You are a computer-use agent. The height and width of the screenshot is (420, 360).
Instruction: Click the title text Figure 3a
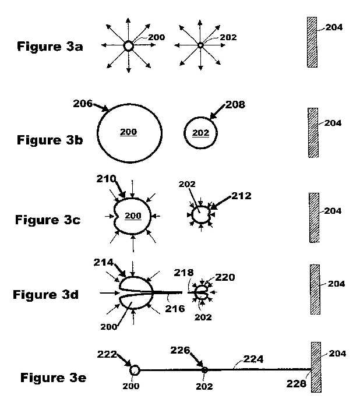50,47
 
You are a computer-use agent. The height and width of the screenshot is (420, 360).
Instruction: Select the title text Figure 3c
48,220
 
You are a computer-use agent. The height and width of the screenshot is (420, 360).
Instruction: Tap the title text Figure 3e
54,377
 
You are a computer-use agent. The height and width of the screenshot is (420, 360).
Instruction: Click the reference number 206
83,103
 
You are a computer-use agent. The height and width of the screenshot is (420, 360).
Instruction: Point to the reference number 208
235,104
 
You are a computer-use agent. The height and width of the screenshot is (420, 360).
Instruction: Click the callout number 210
106,179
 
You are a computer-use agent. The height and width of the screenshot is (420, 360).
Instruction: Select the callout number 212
241,196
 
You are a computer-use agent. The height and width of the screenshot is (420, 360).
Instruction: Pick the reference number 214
103,262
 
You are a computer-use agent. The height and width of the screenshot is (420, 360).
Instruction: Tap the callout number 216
175,309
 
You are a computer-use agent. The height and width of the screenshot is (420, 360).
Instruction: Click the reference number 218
183,273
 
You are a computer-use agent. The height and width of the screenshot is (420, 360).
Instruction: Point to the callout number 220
225,277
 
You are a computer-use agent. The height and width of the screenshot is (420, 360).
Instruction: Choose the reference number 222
107,354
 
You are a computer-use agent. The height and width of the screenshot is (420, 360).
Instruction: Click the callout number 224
253,359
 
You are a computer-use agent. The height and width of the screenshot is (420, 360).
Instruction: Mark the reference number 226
180,350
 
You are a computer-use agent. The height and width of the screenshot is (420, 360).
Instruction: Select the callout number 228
297,384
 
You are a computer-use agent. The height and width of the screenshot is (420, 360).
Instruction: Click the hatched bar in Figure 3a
312,42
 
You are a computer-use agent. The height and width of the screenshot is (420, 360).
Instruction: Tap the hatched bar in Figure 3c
314,217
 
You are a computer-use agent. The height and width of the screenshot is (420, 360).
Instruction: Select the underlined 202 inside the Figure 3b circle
200,133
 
